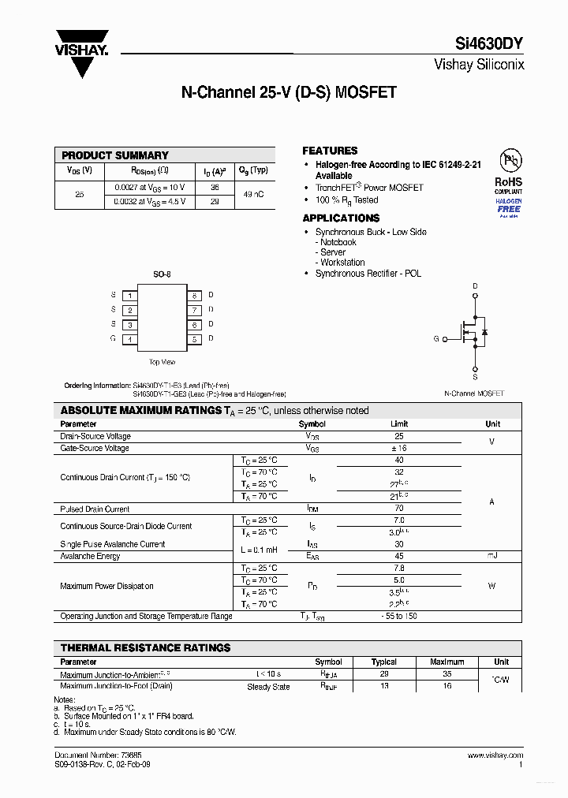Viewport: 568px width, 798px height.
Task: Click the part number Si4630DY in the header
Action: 489,45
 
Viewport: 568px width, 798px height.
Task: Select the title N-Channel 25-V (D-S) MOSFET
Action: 289,93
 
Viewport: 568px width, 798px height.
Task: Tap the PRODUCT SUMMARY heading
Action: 115,155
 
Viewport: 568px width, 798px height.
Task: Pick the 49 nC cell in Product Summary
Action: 253,194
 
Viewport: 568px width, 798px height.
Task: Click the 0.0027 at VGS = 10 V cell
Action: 148,188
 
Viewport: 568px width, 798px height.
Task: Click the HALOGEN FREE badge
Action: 509,207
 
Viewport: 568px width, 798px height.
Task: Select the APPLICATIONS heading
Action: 341,218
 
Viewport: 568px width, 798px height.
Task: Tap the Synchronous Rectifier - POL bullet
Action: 368,273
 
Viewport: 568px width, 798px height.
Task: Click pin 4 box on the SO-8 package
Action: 129,339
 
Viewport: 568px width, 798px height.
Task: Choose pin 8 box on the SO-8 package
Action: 194,296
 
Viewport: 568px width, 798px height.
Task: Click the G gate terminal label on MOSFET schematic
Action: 435,338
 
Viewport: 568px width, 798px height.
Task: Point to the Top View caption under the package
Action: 162,362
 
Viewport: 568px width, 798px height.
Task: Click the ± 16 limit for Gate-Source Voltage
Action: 398,448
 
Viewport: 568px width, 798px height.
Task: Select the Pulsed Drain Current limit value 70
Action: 398,509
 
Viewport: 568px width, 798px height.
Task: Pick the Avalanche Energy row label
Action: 90,556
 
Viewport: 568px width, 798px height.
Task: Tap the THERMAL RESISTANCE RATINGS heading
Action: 145,647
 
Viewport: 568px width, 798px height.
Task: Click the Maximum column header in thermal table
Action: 447,662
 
